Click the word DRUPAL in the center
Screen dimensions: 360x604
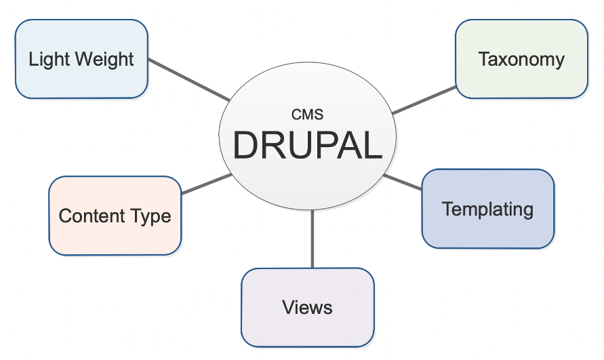pos(307,144)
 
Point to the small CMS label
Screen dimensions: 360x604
pos(307,115)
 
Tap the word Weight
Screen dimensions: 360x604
pos(104,60)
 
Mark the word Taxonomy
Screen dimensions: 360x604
pos(521,60)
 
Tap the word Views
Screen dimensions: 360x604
pos(307,307)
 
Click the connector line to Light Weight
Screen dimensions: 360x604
pos(188,79)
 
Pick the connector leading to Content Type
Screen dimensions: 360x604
pos(207,184)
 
